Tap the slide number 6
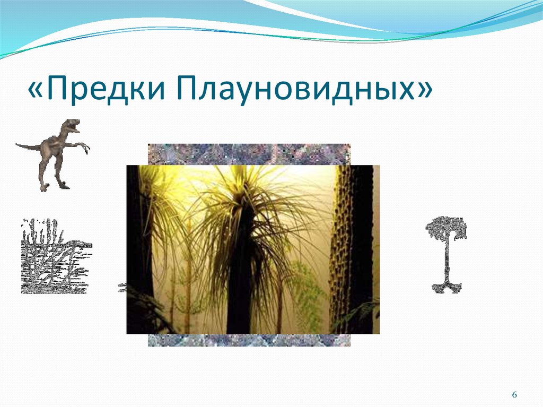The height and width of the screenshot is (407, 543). (514, 395)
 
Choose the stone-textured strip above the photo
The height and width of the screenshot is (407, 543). (249, 154)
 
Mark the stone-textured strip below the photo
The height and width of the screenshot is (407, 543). (249, 340)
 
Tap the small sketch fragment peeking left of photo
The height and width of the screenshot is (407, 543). (121, 288)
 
